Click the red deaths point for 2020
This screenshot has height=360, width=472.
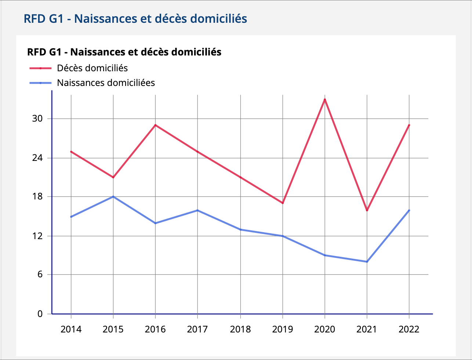click(325, 100)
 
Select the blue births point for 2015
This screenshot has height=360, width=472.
click(113, 197)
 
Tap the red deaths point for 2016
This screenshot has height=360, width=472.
click(155, 125)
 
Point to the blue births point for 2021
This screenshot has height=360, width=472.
click(367, 262)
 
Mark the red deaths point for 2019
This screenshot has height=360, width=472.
click(283, 203)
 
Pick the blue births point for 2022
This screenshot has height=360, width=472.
click(409, 210)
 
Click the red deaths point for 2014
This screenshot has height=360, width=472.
click(71, 151)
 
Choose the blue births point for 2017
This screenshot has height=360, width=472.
click(197, 210)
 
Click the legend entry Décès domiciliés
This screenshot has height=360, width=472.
click(92, 68)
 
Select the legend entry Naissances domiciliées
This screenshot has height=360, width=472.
click(106, 83)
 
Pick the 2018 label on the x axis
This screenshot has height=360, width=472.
click(240, 329)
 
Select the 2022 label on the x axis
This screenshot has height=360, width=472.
click(409, 329)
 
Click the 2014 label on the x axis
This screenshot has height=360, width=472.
click(71, 329)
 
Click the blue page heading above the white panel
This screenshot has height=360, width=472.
click(135, 18)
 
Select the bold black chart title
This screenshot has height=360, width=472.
click(124, 52)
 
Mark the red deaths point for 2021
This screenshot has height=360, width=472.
click(367, 210)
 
